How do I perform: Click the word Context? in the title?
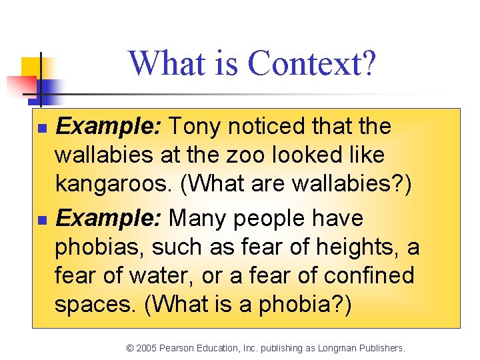point(312,63)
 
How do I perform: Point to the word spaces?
point(95,305)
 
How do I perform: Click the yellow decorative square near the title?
point(30,67)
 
